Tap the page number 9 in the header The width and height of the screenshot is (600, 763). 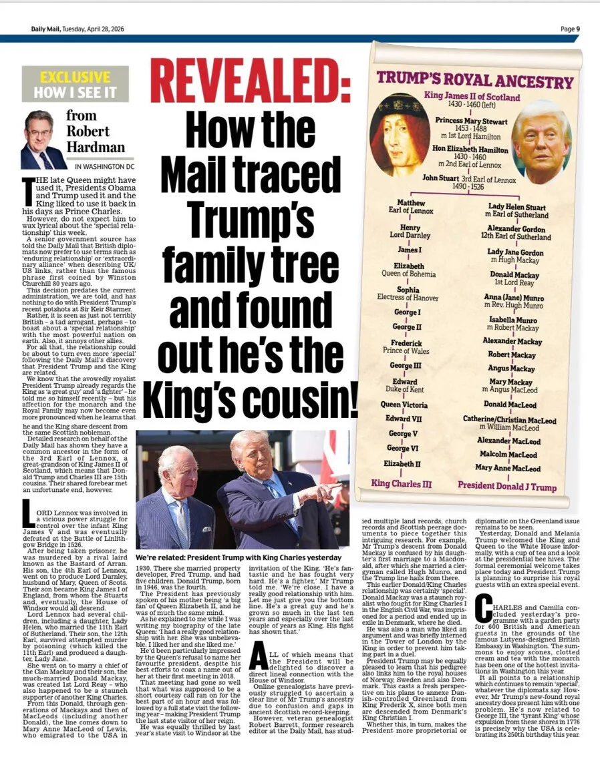point(578,29)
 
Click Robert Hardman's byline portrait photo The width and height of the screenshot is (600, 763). point(42,140)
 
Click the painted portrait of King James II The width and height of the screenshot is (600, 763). point(400,134)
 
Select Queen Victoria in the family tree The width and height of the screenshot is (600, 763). point(404,405)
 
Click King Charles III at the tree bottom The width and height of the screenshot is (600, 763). point(402,483)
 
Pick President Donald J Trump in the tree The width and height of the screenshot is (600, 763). point(506,487)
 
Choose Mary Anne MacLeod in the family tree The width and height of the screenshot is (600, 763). point(508,468)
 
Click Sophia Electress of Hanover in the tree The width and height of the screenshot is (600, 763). point(408,294)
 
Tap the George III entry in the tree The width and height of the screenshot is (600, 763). point(406,366)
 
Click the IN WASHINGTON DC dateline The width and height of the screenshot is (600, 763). point(104,166)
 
